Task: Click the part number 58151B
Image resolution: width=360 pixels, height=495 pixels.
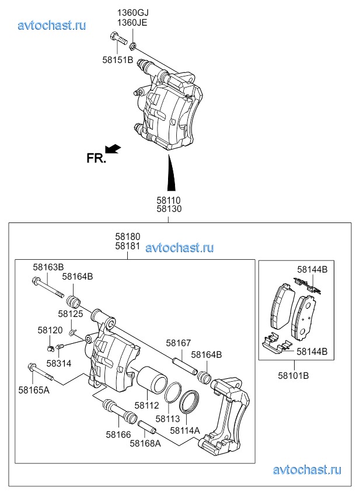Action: click(x=117, y=60)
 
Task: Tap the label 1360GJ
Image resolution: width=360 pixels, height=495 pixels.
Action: click(x=131, y=13)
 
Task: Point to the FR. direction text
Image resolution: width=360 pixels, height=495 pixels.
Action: click(x=96, y=158)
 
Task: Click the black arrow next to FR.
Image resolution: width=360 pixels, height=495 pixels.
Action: click(x=114, y=149)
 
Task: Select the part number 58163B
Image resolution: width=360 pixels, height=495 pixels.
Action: click(x=48, y=267)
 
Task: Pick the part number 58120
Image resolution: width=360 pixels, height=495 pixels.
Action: click(x=50, y=330)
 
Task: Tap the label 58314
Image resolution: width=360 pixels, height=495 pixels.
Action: click(x=58, y=364)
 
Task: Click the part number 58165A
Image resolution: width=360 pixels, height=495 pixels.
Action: click(x=34, y=389)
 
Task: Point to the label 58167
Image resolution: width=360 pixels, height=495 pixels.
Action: click(x=179, y=343)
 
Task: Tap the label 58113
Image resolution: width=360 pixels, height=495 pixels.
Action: click(x=167, y=419)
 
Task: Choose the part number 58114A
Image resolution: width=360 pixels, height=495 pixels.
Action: click(x=185, y=430)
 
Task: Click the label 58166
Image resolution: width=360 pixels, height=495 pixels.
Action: click(x=118, y=434)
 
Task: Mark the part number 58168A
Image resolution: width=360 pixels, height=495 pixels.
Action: click(x=145, y=443)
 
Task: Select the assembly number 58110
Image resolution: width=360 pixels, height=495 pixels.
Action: click(x=168, y=200)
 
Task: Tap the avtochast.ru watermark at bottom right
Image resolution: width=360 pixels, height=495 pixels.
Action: click(x=307, y=470)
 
